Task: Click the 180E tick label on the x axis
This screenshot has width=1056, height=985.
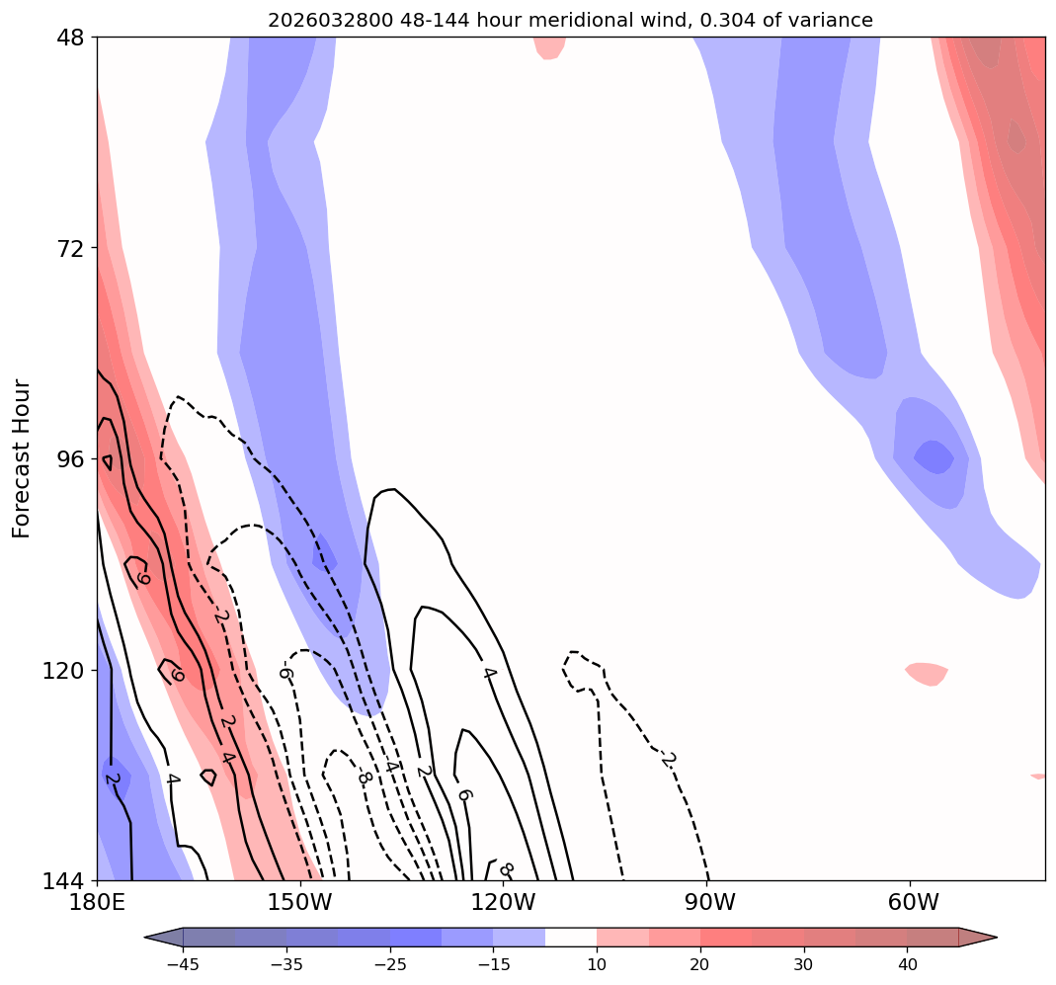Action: (x=97, y=902)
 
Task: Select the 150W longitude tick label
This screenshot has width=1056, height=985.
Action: (x=300, y=902)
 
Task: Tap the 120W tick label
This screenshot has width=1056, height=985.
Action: (x=504, y=902)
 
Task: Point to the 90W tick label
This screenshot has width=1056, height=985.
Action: (x=708, y=902)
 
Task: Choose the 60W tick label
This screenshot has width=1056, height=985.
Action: (x=912, y=902)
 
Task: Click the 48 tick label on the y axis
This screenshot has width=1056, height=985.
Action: (x=71, y=38)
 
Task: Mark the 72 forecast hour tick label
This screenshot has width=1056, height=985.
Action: (x=71, y=248)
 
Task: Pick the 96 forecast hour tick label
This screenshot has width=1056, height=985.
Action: (x=71, y=459)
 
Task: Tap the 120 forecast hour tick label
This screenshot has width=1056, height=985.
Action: (x=64, y=670)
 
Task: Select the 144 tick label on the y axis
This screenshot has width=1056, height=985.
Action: (x=64, y=880)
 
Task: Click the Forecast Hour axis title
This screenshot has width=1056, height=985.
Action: (x=22, y=458)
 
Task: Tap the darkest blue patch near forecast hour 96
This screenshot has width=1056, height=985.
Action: (x=934, y=456)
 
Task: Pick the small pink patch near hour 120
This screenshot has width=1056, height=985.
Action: (x=928, y=673)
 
